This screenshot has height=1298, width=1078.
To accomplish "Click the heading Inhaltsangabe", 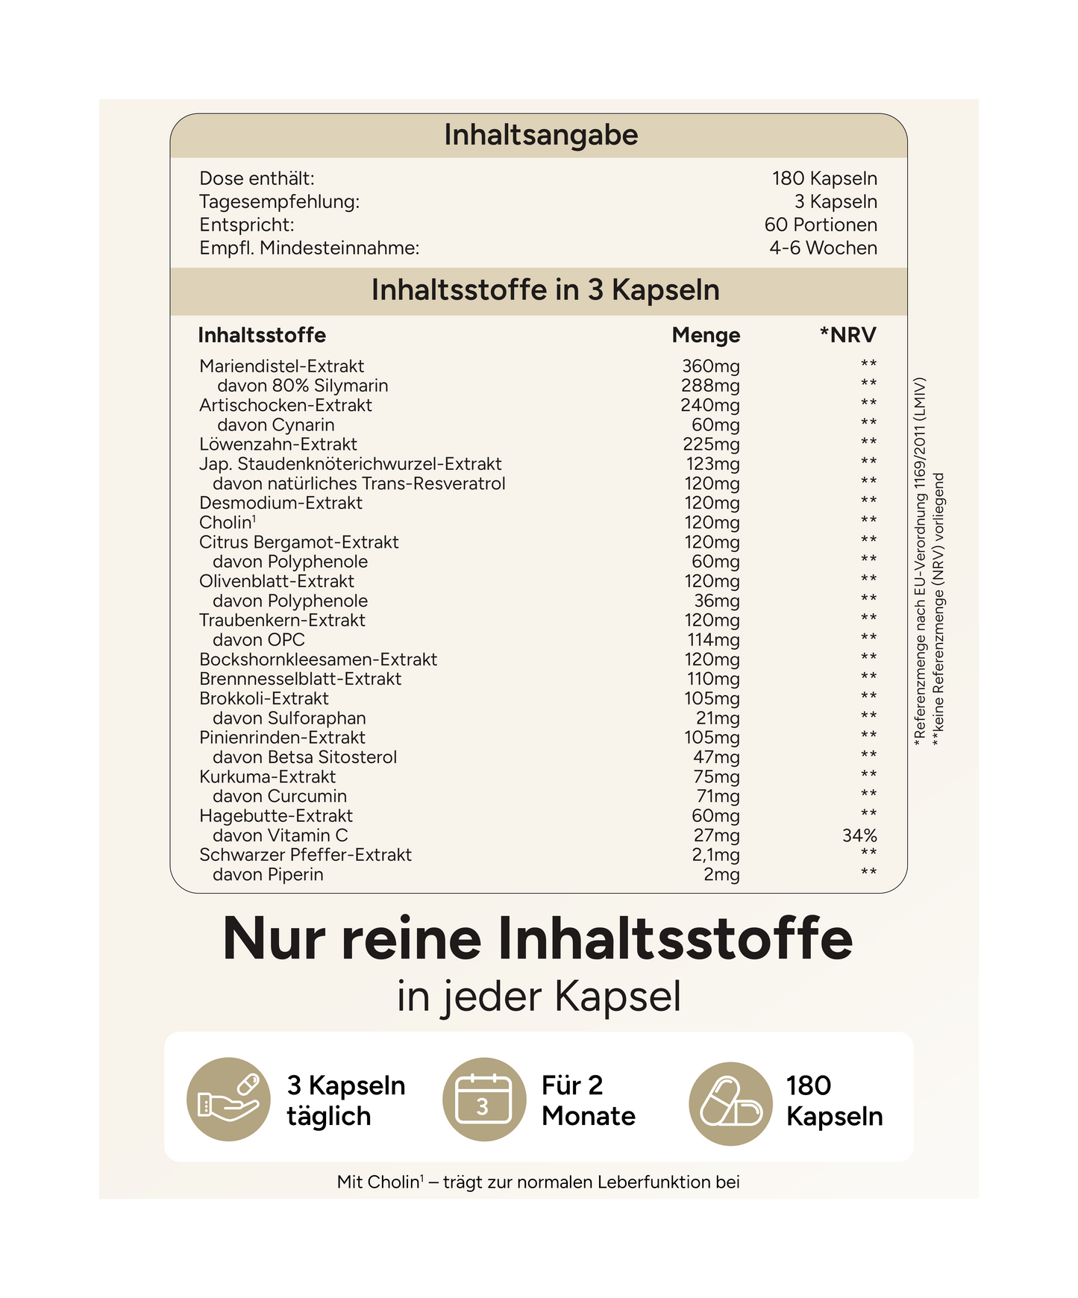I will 541,135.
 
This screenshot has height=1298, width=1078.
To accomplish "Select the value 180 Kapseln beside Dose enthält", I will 824,178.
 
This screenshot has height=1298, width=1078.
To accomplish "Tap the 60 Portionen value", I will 820,225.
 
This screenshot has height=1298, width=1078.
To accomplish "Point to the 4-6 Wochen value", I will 823,248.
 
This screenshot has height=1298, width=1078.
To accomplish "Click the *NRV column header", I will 847,335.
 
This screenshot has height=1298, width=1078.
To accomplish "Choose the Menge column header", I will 706,335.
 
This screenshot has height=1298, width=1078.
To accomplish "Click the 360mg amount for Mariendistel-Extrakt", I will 710,366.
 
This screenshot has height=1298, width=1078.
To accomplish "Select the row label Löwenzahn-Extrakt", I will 278,445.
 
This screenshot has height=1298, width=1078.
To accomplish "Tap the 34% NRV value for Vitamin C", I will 859,835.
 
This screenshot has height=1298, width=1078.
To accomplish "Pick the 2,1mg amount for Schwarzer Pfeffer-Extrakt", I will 715,855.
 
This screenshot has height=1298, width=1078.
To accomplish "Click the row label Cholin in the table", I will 226,523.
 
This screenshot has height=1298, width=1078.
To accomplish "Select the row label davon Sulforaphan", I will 289,718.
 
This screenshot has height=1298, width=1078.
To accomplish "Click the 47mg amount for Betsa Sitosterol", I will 716,757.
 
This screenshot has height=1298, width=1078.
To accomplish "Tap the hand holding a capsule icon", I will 228,1099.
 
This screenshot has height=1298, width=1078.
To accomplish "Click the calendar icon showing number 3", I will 484,1099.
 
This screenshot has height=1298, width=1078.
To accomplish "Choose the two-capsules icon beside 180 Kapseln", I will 730,1103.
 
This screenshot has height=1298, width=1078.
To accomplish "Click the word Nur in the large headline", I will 274,938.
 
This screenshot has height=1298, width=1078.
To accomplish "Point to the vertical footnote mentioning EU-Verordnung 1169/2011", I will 921,559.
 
